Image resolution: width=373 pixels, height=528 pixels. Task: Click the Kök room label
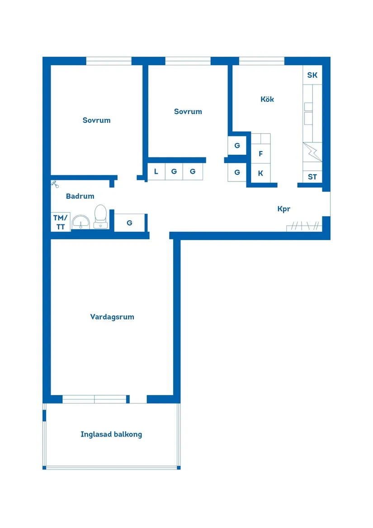[x=267, y=99]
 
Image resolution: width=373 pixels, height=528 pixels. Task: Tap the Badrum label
[x=80, y=196]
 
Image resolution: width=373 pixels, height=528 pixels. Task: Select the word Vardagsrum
[x=112, y=317]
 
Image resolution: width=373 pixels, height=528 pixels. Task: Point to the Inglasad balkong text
[x=111, y=434]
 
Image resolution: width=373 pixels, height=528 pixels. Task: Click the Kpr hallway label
[x=283, y=209]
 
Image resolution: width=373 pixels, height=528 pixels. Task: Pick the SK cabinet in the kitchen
[x=312, y=75]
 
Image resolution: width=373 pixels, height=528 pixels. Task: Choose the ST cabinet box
[x=312, y=177]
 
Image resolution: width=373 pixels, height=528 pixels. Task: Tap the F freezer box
[x=261, y=154]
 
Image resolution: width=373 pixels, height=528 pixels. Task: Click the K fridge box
[x=261, y=173]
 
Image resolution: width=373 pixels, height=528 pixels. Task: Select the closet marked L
[x=156, y=171]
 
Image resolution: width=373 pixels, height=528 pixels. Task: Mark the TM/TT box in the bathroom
[x=61, y=222]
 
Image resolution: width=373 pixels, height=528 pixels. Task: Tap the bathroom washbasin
[x=81, y=222]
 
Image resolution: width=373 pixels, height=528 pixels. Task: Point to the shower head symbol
[x=54, y=183]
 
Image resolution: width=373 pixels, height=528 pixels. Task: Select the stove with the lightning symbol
[x=312, y=152]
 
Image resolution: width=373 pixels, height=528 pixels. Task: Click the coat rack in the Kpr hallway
[x=304, y=226]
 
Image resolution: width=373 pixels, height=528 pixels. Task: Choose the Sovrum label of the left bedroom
[x=96, y=120]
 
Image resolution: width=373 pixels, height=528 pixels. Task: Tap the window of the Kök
[x=261, y=61]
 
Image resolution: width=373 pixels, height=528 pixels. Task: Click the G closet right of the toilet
[x=129, y=223]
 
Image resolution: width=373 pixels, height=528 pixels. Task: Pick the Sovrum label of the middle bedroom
[x=188, y=111]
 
